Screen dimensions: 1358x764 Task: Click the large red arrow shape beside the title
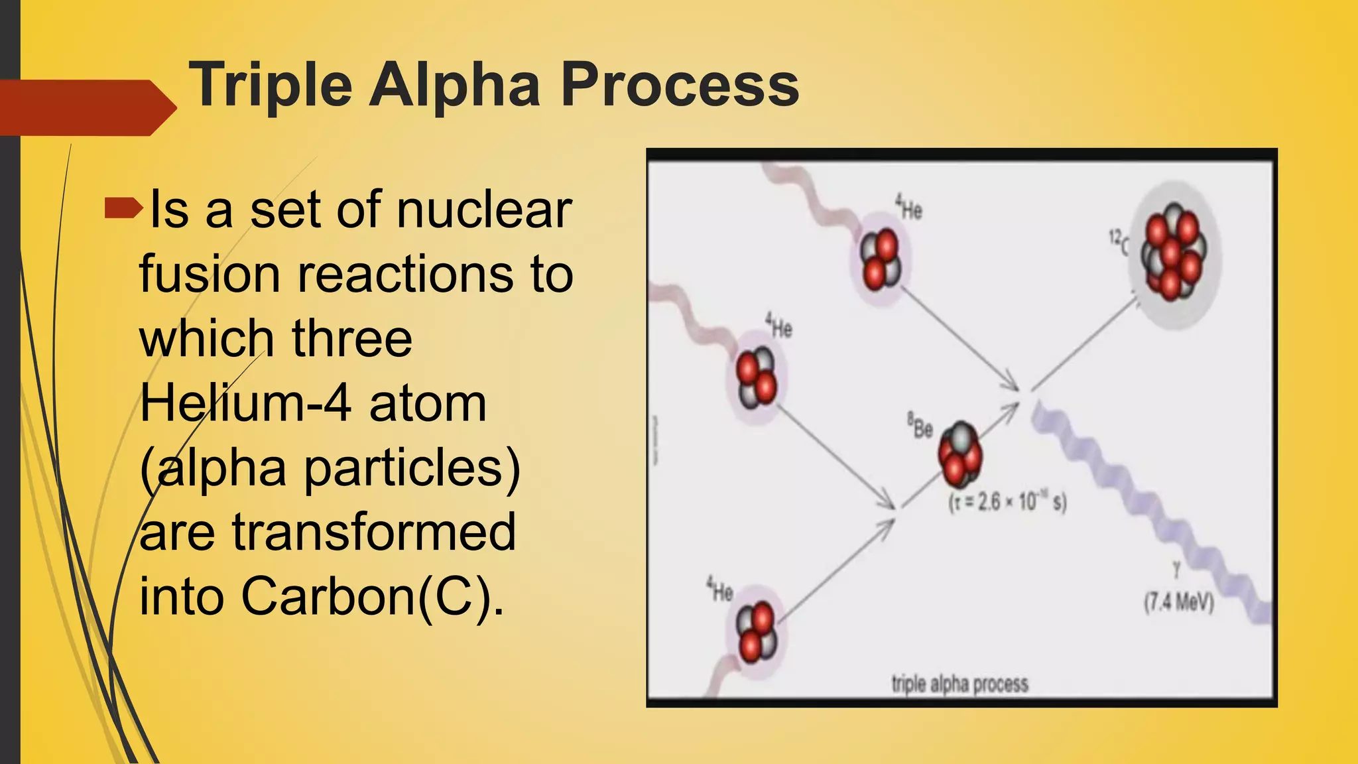coord(86,107)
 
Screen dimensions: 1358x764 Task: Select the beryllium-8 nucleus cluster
coord(959,454)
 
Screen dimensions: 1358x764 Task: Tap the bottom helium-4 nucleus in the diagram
coord(757,633)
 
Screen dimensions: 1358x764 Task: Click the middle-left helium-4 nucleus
coord(757,377)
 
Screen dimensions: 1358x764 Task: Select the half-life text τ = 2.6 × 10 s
coord(1007,502)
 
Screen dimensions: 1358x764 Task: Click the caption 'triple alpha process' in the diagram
coord(959,684)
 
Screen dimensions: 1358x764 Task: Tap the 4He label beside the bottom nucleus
coord(719,589)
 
